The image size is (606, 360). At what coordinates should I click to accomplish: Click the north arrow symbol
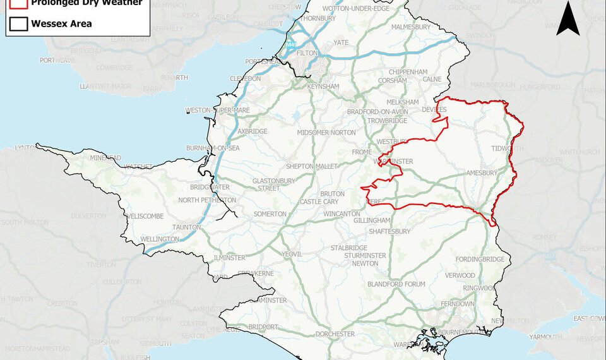567,18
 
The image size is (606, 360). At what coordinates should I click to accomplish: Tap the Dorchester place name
335,333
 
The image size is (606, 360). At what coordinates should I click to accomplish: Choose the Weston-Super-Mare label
218,111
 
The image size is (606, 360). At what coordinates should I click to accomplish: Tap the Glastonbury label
274,181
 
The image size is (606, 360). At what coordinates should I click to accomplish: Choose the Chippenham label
413,73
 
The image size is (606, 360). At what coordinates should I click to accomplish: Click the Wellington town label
160,239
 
